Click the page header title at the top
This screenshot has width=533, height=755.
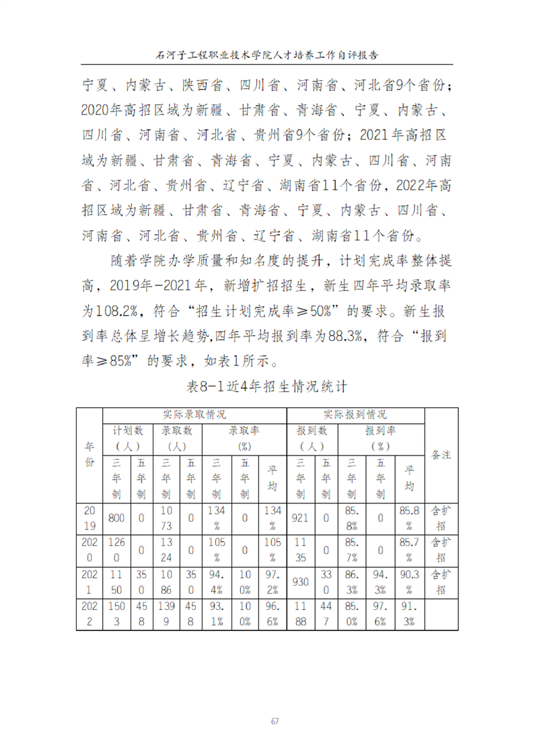coord(266,54)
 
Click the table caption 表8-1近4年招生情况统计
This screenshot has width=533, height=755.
coord(266,386)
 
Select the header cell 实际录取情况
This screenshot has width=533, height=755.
coord(194,414)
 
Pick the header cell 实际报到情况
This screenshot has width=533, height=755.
coord(355,414)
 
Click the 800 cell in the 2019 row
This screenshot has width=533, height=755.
coord(116,518)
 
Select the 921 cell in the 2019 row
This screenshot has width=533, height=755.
coord(300,518)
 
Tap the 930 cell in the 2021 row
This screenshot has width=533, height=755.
coord(300,581)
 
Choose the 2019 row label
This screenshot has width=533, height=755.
coord(90,518)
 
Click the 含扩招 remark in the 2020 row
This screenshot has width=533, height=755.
coord(441,550)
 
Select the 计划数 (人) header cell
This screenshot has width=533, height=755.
coord(127,437)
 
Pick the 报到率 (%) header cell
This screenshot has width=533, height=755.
coord(381,437)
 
